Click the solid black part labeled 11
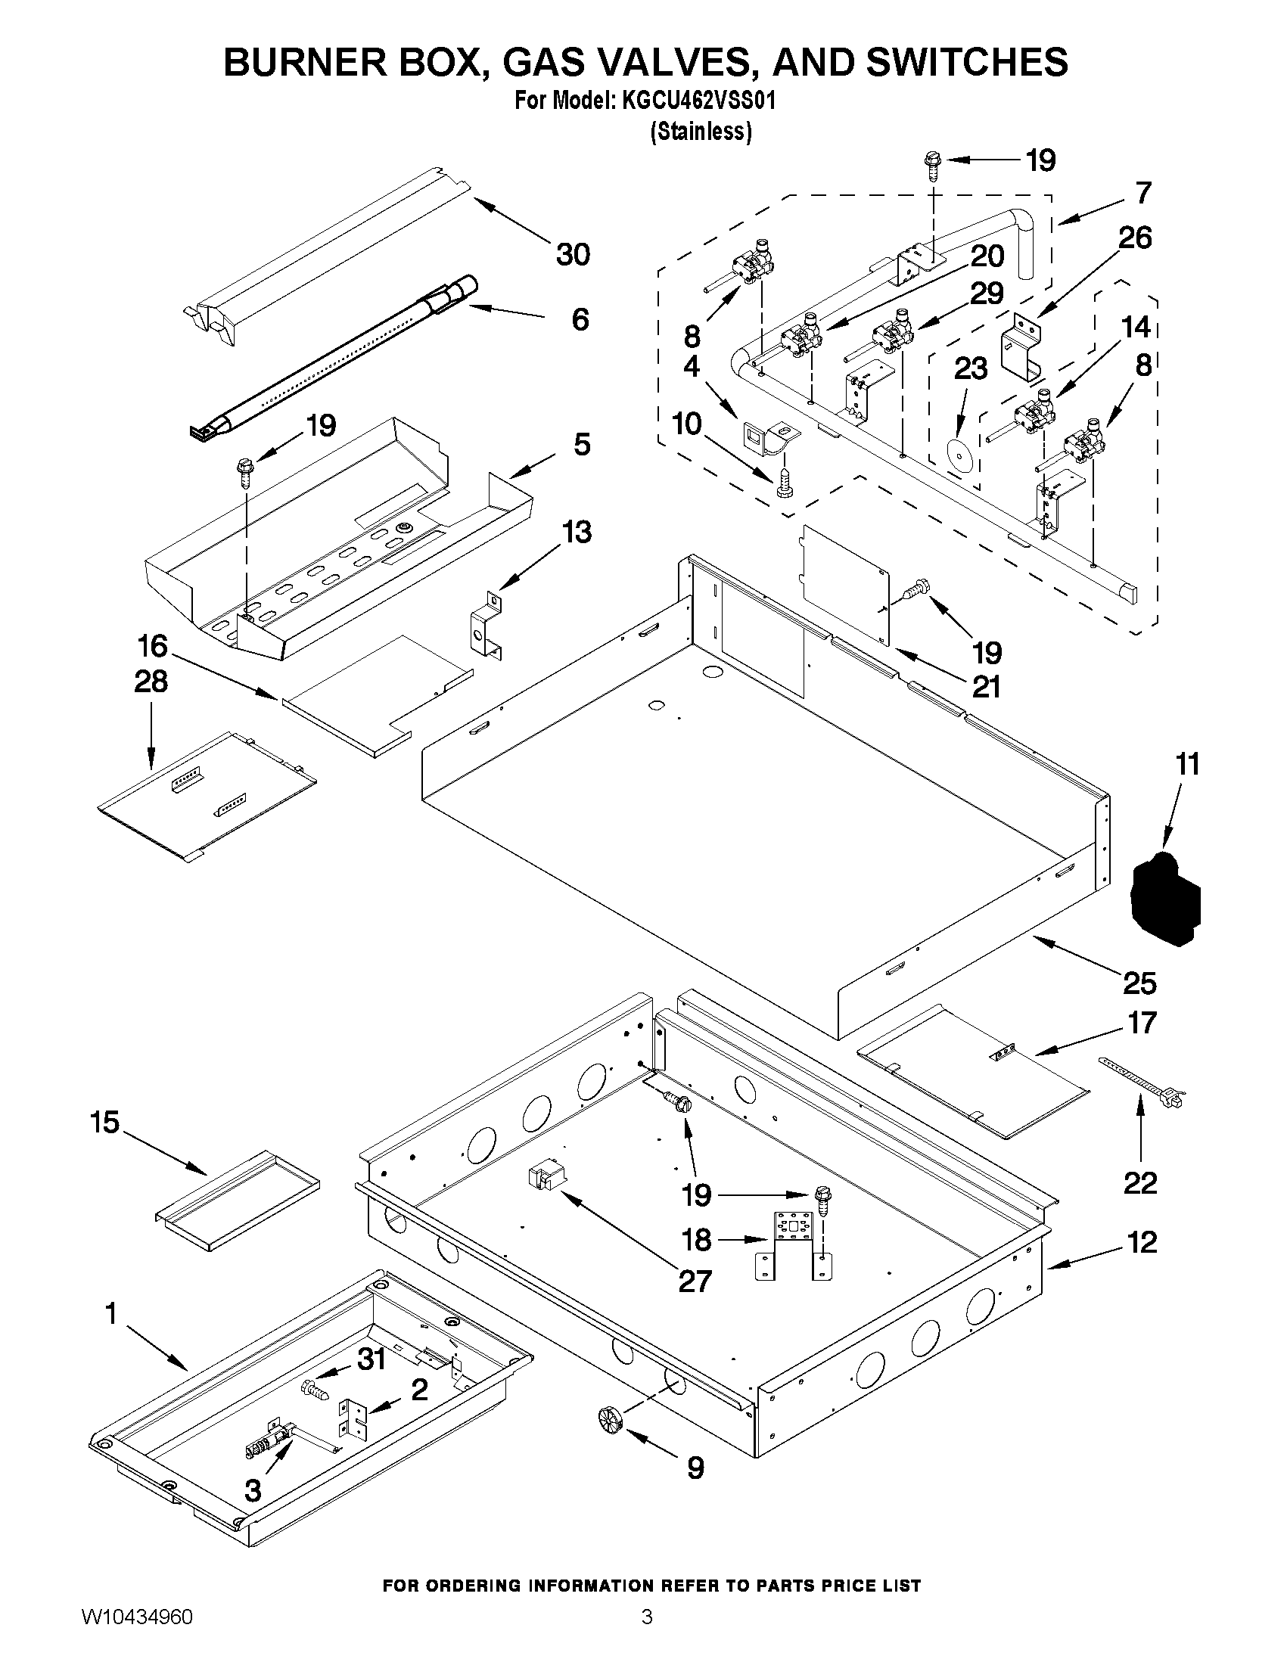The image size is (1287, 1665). pyautogui.click(x=1164, y=900)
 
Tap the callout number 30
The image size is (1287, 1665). pyautogui.click(x=573, y=254)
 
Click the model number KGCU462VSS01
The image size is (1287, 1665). pyautogui.click(x=698, y=101)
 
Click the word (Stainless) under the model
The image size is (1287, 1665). pyautogui.click(x=700, y=131)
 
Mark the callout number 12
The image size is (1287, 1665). pyautogui.click(x=1142, y=1242)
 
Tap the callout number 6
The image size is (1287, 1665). pyautogui.click(x=580, y=319)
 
